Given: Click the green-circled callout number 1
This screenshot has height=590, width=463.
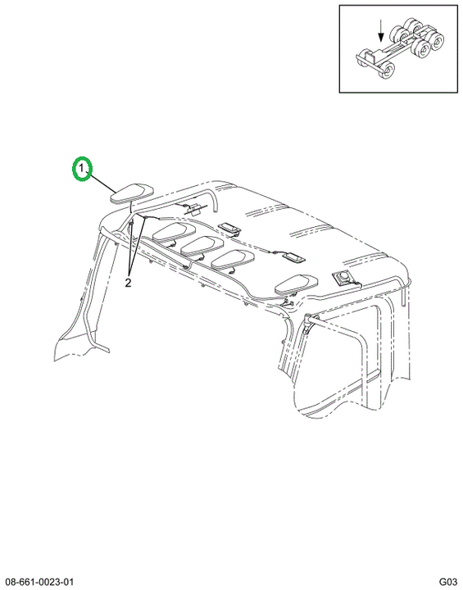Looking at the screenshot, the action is click(x=82, y=168).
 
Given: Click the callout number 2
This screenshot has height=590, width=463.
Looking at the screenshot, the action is click(x=129, y=282).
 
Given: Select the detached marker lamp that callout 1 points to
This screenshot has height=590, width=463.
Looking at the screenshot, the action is click(x=132, y=193).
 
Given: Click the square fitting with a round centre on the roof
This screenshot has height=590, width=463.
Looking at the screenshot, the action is click(x=343, y=279).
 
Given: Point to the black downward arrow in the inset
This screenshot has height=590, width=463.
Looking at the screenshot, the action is click(x=381, y=32).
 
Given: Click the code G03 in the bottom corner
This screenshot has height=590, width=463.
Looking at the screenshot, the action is click(x=448, y=581).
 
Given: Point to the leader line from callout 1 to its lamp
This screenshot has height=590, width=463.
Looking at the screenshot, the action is click(x=102, y=184).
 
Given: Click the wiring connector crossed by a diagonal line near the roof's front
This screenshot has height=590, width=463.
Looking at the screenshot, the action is click(x=196, y=208).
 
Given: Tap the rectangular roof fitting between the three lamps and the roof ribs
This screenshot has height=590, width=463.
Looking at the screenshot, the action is click(x=229, y=228).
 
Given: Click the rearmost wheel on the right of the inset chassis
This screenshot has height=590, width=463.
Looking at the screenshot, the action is click(x=437, y=40).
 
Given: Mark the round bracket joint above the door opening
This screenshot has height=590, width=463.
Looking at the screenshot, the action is click(x=307, y=319).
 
